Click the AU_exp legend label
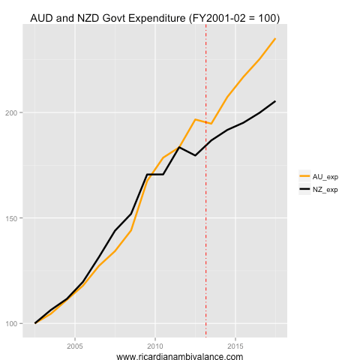[325, 176]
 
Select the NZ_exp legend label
[325, 190]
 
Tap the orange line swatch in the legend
[304, 176]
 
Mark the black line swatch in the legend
[304, 190]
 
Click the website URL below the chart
[180, 357]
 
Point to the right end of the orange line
[275, 38]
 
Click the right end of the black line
[275, 101]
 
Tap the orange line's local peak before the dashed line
[195, 119]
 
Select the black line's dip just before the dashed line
[195, 155]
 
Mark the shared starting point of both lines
[35, 323]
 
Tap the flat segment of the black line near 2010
[155, 174]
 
